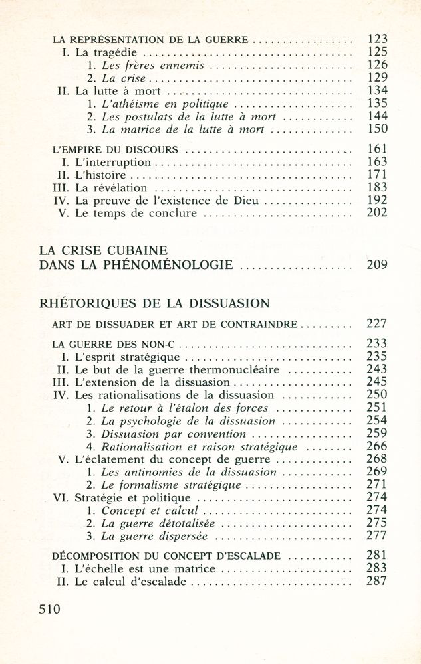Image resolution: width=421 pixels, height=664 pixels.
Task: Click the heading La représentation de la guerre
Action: coord(151,39)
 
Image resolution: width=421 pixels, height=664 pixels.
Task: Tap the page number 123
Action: coord(378,39)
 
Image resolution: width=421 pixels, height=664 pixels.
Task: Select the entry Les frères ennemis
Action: coord(152,66)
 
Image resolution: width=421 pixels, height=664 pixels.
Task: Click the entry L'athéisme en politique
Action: coord(164,104)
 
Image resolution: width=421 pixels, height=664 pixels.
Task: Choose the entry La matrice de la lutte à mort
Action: coord(184,129)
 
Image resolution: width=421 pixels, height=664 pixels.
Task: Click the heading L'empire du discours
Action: coord(114,150)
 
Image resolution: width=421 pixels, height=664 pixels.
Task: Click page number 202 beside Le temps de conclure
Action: coord(378,213)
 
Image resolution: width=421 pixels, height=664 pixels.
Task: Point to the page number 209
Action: coord(378,266)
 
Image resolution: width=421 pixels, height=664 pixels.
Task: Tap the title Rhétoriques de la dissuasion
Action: coord(154,303)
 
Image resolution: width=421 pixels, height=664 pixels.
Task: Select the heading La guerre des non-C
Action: coord(113,344)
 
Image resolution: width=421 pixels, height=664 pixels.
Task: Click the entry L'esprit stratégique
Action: coord(124,356)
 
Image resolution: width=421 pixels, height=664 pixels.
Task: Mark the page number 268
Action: coord(378,459)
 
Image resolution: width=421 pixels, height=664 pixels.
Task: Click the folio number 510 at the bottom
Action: coord(49,609)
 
